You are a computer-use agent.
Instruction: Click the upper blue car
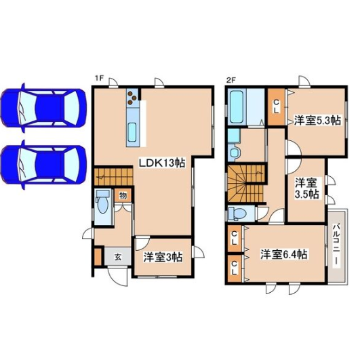coord(43,108)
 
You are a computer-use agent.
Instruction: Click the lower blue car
coord(43,165)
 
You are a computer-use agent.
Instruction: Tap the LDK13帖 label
coord(162,163)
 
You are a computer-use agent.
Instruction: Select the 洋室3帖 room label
coord(163,257)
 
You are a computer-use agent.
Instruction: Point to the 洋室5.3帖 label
coord(317,121)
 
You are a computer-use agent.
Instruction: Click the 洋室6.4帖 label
coord(284,254)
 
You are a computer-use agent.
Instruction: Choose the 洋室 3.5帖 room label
coord(306,188)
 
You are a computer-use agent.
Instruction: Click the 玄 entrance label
coord(118,257)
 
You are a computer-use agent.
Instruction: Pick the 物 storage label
coord(123,196)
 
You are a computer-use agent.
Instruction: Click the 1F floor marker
coord(98,79)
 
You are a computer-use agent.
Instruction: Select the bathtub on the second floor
coord(237,106)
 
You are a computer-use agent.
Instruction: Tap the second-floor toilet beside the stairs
coord(237,213)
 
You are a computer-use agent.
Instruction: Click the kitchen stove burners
coord(132,97)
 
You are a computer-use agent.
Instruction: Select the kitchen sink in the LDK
coord(132,132)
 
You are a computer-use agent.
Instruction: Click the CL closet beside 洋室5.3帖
coord(276,106)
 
